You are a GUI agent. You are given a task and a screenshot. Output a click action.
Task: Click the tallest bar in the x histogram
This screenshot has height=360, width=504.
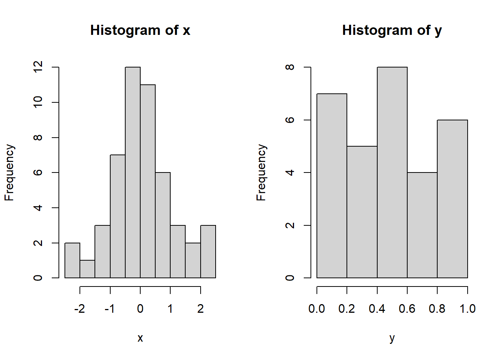pos(133,172)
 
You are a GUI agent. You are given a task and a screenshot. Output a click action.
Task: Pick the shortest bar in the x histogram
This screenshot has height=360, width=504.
pos(87,269)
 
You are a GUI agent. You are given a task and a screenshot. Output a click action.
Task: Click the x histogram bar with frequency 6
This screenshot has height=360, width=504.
pos(163,225)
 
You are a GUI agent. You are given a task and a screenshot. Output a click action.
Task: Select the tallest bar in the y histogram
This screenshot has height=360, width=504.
pos(392,172)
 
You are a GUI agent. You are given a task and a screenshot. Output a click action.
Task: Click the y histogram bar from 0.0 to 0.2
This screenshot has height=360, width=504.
pos(332,186)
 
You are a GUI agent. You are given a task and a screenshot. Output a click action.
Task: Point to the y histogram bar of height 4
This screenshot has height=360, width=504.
pos(422,225)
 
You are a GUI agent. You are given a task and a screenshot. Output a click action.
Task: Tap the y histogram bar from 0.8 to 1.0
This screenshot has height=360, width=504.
pos(452,199)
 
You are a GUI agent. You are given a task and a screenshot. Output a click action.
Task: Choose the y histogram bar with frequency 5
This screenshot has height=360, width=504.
pos(362,212)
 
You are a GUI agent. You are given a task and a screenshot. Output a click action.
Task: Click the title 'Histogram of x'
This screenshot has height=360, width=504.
pos(140,30)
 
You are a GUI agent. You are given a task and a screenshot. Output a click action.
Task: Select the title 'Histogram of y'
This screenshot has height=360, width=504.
pos(392,30)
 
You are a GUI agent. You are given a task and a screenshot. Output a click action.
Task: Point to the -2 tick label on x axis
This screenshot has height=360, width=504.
pos(79,309)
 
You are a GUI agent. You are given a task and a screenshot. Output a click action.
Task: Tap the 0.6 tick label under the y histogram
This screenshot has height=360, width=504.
pos(407,309)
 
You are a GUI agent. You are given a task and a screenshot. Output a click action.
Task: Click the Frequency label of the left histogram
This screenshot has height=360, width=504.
pos(9,172)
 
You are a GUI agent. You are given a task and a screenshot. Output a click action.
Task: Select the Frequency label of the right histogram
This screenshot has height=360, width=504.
pos(261,172)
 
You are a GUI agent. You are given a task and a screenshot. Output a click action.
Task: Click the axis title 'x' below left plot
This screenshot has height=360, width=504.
pos(140,338)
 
